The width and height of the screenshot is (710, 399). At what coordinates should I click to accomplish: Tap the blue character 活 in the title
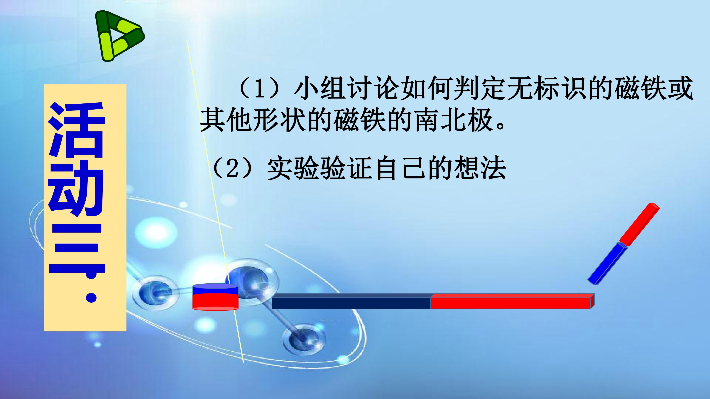(76, 129)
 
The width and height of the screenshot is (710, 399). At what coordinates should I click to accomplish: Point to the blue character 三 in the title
(76, 238)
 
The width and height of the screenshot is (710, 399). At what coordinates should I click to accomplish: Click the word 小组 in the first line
(320, 88)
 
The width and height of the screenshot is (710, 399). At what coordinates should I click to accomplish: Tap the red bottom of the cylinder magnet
(215, 302)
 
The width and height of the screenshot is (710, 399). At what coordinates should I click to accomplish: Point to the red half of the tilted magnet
(639, 224)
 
